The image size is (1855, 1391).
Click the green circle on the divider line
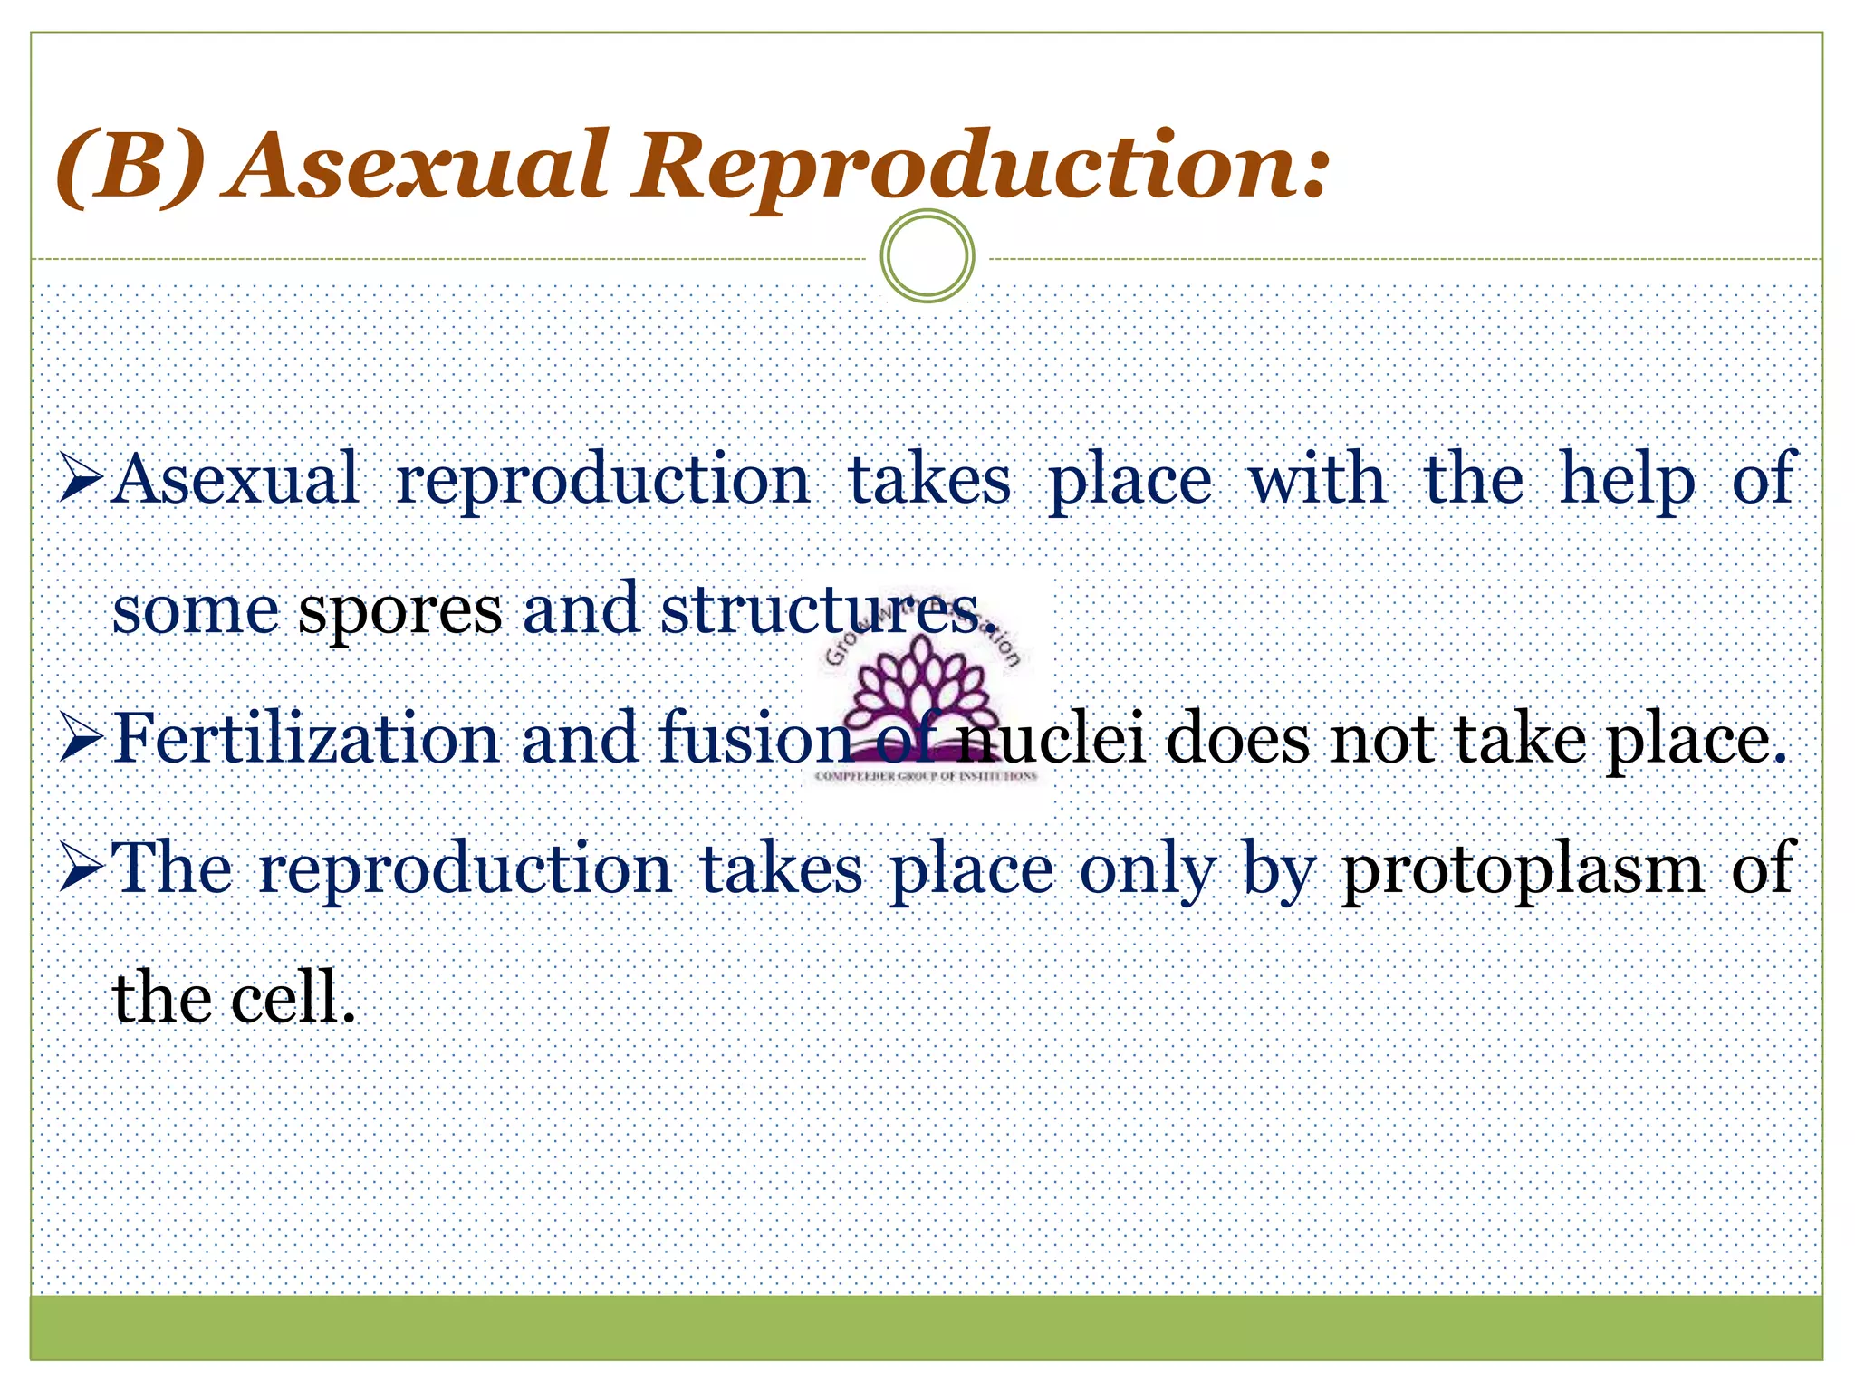pos(927,255)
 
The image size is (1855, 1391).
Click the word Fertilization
pos(306,738)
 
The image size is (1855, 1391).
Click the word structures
pos(821,609)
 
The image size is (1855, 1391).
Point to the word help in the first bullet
pos(1627,479)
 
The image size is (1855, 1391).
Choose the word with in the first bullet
pos(1317,479)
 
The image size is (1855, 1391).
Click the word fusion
pos(755,738)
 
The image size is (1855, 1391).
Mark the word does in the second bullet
pos(1237,738)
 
